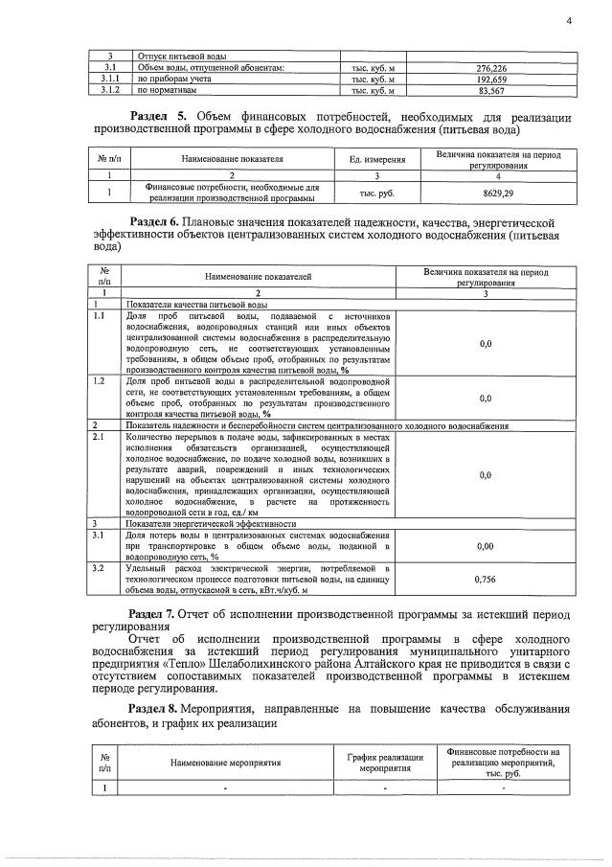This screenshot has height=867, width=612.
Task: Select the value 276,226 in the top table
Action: point(490,68)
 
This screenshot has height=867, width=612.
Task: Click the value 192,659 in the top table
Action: point(490,80)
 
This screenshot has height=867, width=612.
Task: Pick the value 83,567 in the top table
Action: point(490,91)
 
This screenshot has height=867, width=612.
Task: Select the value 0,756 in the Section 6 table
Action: point(485,579)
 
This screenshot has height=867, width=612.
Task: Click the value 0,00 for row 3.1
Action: point(485,546)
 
